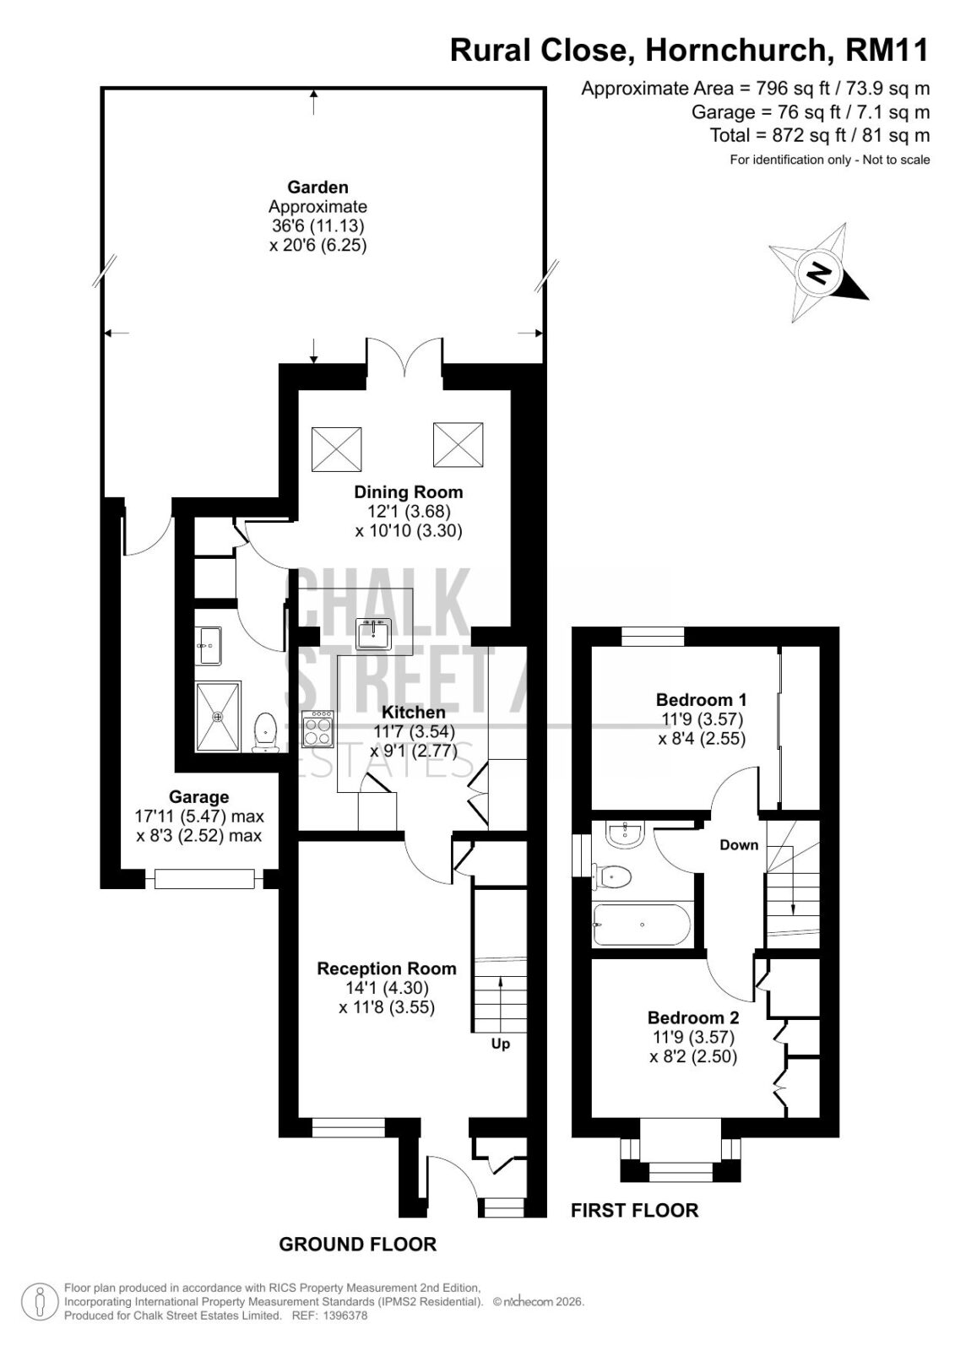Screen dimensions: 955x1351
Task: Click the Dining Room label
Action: [409, 492]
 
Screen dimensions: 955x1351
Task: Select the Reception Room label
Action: [387, 968]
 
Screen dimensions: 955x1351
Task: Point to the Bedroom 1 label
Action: [701, 700]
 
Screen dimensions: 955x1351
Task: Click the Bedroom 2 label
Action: [693, 1017]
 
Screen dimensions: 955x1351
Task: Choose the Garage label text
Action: [198, 797]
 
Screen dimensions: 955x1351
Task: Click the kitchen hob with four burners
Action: [318, 730]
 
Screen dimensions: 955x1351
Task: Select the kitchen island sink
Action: [374, 633]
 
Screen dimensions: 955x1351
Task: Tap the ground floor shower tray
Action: [218, 717]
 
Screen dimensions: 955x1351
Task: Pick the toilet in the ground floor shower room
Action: [264, 732]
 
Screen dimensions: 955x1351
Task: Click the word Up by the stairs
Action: [501, 1044]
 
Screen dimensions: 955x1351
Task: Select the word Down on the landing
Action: [739, 845]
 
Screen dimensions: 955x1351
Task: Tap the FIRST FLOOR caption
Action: [635, 1210]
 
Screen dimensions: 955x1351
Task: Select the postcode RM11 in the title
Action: [887, 50]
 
